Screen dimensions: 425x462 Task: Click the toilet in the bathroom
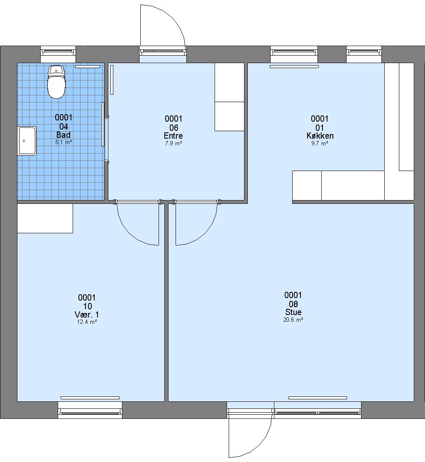56,82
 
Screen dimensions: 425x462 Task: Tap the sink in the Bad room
27,141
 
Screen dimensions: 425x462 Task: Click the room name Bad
64,135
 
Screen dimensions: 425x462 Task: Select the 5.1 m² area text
64,142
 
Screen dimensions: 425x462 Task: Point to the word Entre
173,136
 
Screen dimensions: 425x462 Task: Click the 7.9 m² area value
173,143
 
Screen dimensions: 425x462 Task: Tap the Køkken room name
320,136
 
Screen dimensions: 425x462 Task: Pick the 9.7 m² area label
320,143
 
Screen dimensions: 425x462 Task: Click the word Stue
293,312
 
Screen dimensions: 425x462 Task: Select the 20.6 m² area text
293,320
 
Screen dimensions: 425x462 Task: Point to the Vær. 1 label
87,314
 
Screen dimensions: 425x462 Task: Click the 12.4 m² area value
87,322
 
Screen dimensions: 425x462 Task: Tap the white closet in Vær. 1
45,218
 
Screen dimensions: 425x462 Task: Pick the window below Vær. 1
90,410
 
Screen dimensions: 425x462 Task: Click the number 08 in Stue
293,304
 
